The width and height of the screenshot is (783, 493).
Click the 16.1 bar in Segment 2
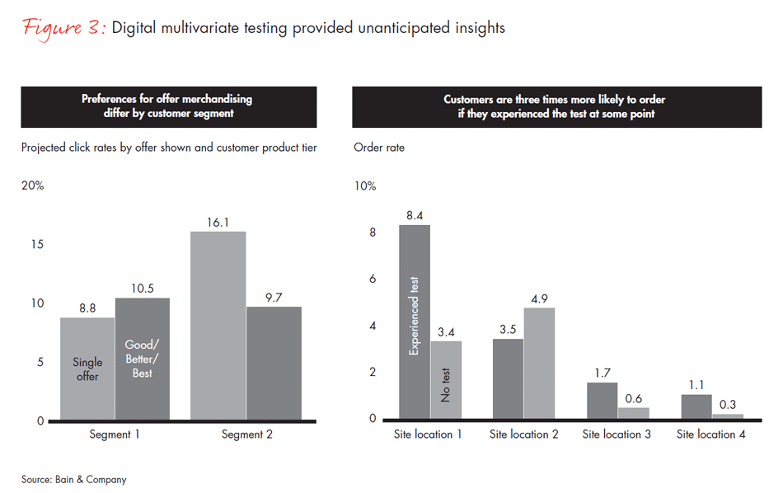[218, 326]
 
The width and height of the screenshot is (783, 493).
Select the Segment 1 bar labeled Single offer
[87, 369]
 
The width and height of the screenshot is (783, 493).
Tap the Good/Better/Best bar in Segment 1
[143, 359]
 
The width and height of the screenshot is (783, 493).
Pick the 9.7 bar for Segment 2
[274, 364]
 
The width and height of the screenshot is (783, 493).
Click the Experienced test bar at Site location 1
[415, 322]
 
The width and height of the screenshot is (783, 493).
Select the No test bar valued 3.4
[446, 380]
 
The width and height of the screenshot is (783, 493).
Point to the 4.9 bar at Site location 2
[539, 364]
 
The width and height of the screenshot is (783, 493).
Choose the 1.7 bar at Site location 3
[602, 401]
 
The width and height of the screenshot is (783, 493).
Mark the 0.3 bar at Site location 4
[728, 416]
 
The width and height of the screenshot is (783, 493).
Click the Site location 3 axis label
[617, 434]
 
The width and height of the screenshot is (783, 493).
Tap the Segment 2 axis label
[246, 434]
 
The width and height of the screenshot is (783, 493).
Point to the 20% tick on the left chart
[33, 186]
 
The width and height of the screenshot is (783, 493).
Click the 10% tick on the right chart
[364, 186]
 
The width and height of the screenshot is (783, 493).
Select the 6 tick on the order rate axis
[372, 279]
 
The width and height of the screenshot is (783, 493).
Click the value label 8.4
[415, 216]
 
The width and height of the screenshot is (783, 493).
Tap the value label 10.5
[143, 289]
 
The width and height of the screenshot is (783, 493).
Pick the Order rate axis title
[379, 148]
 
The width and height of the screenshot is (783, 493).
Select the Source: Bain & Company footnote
[74, 479]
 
